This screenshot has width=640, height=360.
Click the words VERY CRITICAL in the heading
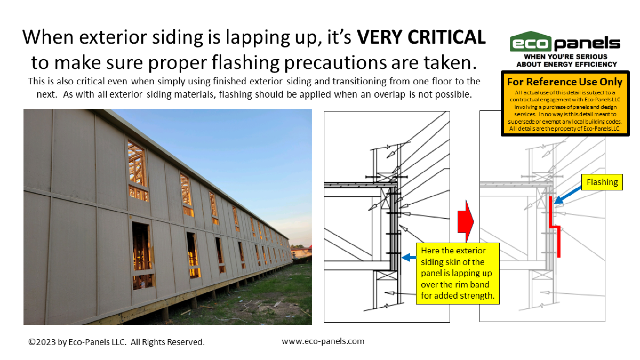click(x=421, y=37)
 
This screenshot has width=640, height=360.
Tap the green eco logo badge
click(x=531, y=41)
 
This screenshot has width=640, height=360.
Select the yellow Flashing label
click(x=602, y=182)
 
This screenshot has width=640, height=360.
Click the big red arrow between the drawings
click(x=466, y=221)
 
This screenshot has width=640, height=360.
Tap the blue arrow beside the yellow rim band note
click(x=409, y=257)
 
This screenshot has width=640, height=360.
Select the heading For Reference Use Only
click(x=565, y=82)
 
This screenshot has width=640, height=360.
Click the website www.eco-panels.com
click(x=323, y=341)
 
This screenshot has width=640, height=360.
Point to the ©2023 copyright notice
click(x=116, y=342)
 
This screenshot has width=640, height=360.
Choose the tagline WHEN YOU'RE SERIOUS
click(x=565, y=57)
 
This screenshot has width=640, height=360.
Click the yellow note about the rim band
click(x=458, y=273)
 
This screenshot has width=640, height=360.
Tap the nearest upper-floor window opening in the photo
click(x=138, y=171)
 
